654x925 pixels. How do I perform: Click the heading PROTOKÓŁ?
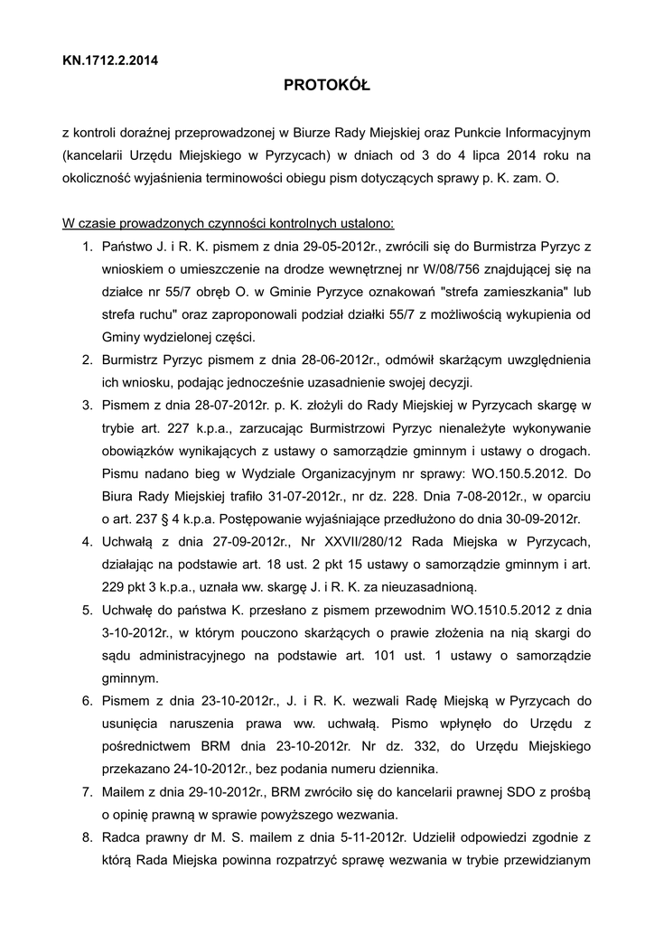pos(327,86)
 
